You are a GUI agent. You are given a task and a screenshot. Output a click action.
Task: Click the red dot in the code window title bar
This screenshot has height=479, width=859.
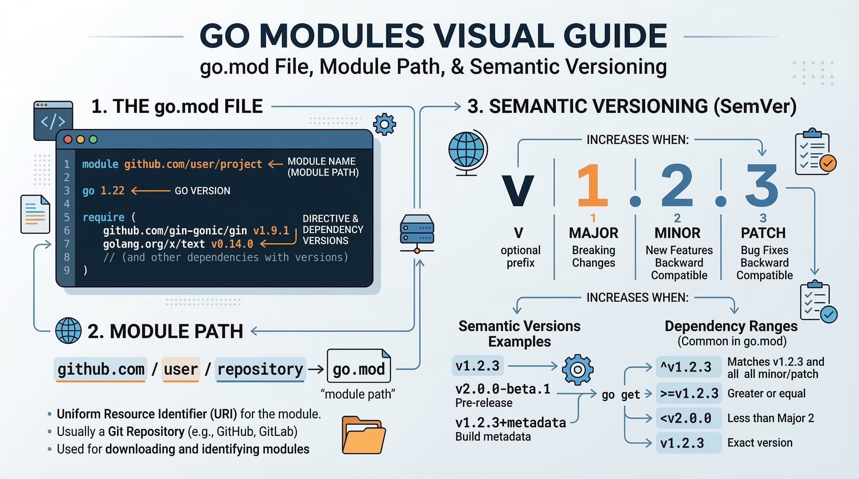68,139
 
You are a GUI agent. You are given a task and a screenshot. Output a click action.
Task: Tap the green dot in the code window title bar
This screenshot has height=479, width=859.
93,139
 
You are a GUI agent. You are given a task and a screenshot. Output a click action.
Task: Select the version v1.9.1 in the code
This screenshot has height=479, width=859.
271,231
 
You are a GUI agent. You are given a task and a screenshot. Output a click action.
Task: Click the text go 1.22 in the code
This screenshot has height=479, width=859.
104,191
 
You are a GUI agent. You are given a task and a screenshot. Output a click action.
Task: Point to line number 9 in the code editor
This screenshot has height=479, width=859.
67,270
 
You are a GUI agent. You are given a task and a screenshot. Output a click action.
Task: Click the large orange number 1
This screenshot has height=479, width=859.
592,186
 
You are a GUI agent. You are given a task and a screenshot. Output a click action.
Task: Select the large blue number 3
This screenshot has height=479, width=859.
762,186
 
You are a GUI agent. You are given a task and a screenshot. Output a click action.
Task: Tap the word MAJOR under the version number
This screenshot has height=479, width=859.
594,233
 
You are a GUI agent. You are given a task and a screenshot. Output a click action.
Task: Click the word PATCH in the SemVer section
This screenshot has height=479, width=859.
763,233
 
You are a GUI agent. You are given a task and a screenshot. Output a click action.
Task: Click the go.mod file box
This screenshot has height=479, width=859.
359,367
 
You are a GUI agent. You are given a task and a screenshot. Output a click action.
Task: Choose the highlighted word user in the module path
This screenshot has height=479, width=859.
181,369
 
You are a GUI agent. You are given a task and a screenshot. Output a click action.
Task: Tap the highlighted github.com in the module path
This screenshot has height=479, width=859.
101,369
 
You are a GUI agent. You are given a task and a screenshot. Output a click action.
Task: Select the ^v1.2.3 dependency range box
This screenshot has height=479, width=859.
688,367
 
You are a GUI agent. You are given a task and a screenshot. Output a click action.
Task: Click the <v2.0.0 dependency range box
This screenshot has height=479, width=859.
688,418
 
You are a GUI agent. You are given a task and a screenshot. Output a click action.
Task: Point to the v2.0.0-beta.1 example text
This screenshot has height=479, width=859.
503,389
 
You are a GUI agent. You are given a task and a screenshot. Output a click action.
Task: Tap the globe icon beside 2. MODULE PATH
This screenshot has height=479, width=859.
68,330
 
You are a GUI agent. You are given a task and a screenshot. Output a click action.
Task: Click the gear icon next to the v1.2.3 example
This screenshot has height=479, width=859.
578,369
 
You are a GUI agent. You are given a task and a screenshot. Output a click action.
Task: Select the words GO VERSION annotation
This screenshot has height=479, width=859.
202,191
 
